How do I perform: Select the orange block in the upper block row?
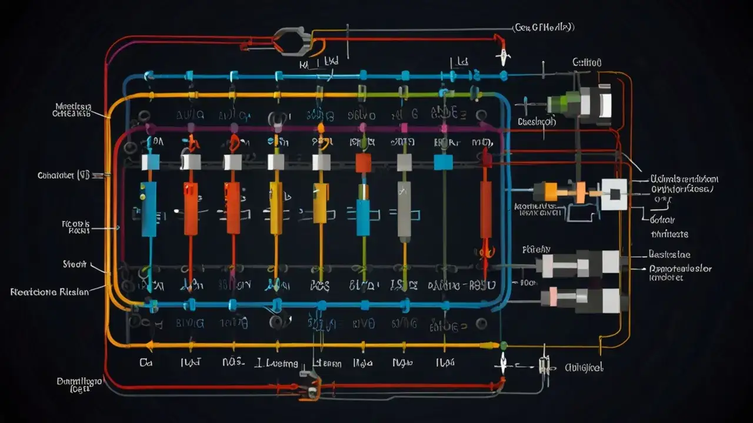(x=363, y=163)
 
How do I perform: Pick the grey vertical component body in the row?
(x=404, y=211)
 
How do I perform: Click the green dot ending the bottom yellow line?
(x=503, y=345)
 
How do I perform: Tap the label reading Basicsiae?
(x=669, y=255)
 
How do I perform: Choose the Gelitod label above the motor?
(x=587, y=62)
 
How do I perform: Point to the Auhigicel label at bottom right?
(x=584, y=367)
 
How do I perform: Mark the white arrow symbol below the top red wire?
(x=503, y=58)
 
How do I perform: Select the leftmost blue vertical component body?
(x=149, y=209)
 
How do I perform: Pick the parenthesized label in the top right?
(x=543, y=27)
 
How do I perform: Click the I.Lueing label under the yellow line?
(x=276, y=364)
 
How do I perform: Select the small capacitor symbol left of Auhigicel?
(x=544, y=365)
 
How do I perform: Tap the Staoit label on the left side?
(x=75, y=265)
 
